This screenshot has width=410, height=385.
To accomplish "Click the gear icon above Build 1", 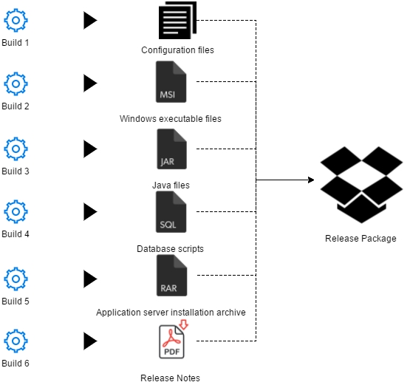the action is (16, 20).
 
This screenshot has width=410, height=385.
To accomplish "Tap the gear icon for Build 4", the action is (16, 211).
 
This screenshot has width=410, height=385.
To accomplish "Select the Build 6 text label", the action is (16, 364).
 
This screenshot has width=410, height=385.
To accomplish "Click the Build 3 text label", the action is (16, 171).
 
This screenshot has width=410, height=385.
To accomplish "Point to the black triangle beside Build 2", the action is (90, 84).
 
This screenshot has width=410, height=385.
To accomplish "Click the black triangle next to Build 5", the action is (90, 279).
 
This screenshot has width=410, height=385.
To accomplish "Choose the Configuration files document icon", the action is (177, 20).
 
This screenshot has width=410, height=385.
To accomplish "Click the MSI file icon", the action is (171, 81).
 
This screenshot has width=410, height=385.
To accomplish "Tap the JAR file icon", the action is (171, 149).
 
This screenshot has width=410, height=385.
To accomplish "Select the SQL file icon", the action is (171, 211).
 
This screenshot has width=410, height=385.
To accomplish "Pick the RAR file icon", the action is (171, 275).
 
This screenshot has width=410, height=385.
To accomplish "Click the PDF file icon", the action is (171, 341).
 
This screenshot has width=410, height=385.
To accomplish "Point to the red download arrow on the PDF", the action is (184, 324).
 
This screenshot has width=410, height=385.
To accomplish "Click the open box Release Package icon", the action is (361, 185).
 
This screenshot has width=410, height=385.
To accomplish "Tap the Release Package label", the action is (361, 239).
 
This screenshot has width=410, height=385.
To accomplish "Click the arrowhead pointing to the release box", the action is (311, 180).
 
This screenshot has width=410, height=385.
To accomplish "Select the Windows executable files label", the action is (171, 119).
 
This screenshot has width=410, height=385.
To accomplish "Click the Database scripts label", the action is (170, 249).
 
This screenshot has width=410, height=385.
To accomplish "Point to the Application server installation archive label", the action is (171, 313).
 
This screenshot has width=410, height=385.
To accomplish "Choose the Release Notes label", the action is (170, 378).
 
